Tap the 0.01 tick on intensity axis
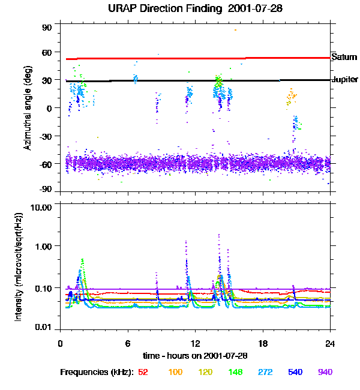(x=44, y=326)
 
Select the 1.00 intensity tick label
(x=44, y=246)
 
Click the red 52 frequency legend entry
(x=143, y=372)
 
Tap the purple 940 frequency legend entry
(x=325, y=372)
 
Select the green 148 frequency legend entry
(x=235, y=372)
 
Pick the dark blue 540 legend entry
(x=295, y=372)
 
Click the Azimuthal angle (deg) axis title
(x=28, y=108)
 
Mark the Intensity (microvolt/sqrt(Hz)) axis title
(x=19, y=266)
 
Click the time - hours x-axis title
(x=195, y=355)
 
